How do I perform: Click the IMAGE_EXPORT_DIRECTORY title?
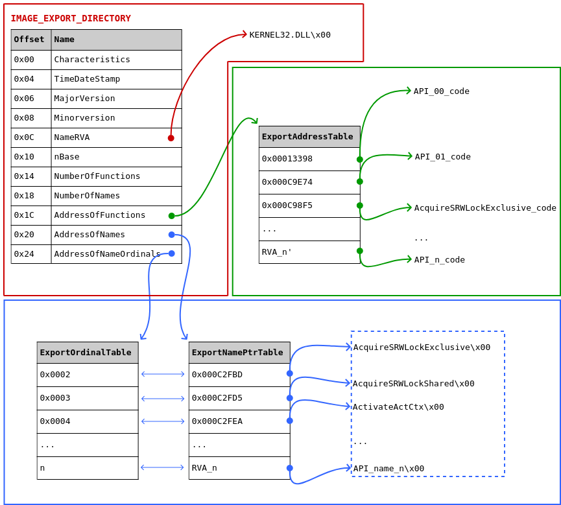pos(71,18)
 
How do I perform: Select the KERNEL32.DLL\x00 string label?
pos(290,35)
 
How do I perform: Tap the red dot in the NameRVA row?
pos(171,138)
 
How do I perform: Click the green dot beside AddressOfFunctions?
pos(172,216)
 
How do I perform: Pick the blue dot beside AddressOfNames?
pos(172,235)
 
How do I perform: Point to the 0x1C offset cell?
pos(31,215)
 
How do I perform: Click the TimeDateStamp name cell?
pos(116,79)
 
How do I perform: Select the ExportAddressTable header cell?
pos(309,137)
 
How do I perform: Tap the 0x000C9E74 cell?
pos(309,182)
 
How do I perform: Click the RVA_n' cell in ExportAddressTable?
pos(309,252)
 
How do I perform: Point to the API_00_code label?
pos(442,91)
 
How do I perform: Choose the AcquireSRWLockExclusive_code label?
pos(485,208)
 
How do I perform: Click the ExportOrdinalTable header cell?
pos(88,353)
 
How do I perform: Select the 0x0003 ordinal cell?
pos(88,398)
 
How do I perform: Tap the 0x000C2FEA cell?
pos(239,421)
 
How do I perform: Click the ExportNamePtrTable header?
pos(239,353)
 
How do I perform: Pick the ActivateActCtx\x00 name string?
pos(398,407)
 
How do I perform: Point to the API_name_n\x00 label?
pos(388,469)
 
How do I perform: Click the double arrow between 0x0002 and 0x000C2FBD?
pos(163,374)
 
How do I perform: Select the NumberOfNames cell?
pos(116,196)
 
